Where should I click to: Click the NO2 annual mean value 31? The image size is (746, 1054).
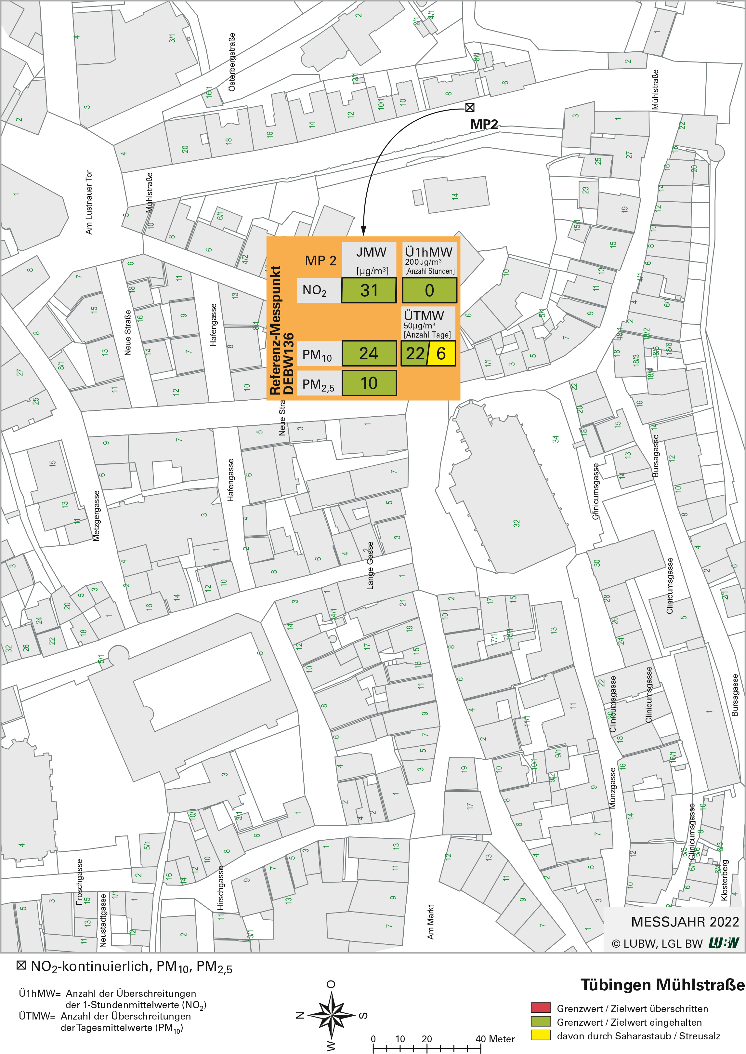coord(369,290)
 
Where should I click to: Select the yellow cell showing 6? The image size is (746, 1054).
coord(441,353)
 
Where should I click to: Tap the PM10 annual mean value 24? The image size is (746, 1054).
coord(369,353)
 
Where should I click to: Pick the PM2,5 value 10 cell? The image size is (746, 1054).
coord(369,383)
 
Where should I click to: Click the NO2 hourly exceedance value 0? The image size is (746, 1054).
coord(429,290)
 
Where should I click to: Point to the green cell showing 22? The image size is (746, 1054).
coord(414,353)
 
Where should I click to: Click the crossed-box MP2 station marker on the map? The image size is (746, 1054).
coord(469,108)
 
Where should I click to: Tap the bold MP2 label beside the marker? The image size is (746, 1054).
coord(484,125)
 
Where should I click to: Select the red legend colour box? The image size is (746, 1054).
coord(541,1007)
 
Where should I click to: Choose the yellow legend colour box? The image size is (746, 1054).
coord(541,1035)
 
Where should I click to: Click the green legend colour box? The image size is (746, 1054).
coord(541,1021)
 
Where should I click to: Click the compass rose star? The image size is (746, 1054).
coord(331,1014)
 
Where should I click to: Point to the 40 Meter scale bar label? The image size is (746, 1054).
coord(495,1039)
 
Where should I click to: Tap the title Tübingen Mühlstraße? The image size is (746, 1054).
coord(662,985)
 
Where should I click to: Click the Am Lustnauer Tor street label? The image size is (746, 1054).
coord(89,202)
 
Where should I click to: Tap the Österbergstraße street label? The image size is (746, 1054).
coord(232,62)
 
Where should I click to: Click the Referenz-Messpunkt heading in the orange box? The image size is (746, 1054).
coord(275,330)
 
